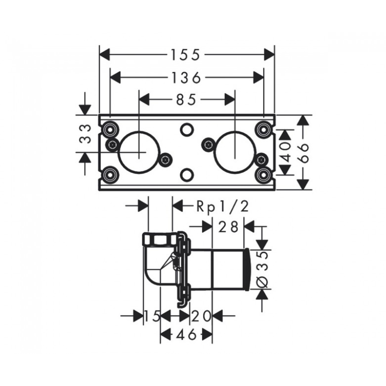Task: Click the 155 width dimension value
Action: coord(186,55)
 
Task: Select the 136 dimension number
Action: coord(186,78)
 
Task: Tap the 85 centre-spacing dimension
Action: coord(186,100)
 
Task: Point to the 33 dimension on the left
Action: coord(85,134)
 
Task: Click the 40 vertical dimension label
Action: coord(286,152)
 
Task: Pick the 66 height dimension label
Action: coord(304,152)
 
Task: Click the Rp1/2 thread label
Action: coord(222,207)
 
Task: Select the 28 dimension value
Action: coord(228,227)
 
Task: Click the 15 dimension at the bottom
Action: coord(152,316)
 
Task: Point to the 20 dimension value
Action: coord(201,316)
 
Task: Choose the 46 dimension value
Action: coord(186,334)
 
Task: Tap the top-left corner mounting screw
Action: coord(110,129)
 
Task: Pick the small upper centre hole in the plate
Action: coord(187,129)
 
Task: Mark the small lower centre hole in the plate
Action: coord(187,175)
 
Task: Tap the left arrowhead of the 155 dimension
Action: coord(104,55)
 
